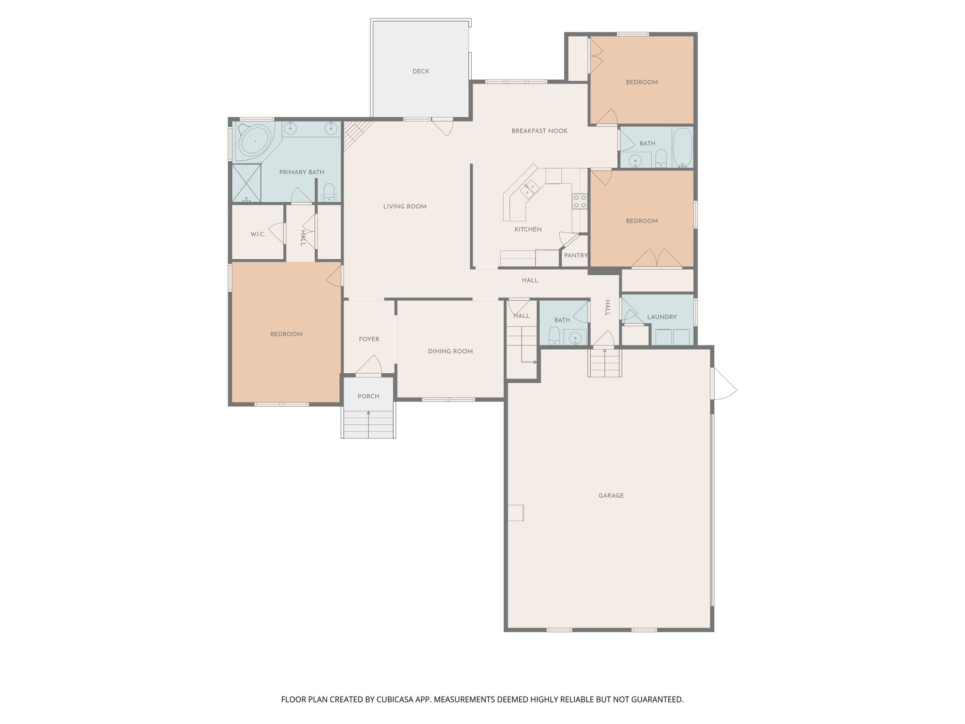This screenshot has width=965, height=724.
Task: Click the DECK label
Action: coord(420,72)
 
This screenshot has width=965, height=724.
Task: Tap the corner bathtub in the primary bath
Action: coord(255,140)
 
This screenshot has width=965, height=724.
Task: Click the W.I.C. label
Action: coord(258,234)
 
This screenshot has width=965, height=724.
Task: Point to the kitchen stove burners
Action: coord(580,202)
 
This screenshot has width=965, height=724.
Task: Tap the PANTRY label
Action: coord(575,255)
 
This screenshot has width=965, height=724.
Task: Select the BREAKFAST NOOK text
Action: coord(540,131)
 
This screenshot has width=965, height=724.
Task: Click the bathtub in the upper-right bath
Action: coord(682,147)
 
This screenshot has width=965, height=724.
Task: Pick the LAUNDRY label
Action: coord(662,317)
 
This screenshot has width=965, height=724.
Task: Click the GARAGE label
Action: coord(611,495)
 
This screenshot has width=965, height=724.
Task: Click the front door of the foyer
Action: coord(369,366)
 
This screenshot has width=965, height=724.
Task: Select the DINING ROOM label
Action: coord(450,351)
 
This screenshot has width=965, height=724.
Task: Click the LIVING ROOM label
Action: coord(404,206)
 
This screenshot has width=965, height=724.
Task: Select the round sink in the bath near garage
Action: coord(575,337)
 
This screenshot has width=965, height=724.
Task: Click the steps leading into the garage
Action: coord(605,363)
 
